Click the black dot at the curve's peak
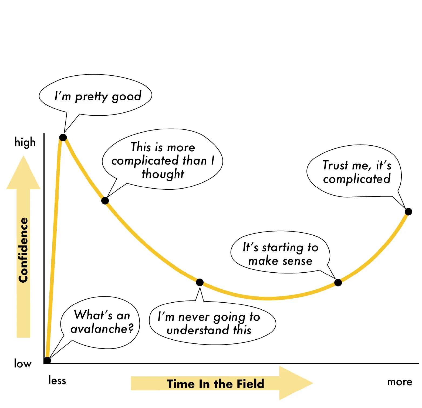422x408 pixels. [x=63, y=138]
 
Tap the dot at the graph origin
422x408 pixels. [x=47, y=360]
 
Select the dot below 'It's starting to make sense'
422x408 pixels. [x=338, y=283]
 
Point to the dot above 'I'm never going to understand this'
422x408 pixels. [x=200, y=282]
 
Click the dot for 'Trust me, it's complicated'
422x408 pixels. [x=409, y=212]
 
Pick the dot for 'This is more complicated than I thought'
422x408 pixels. [x=105, y=201]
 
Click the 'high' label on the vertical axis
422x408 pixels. [x=25, y=142]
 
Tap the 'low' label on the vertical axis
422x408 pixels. [x=23, y=364]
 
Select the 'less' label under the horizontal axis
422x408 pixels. [x=57, y=380]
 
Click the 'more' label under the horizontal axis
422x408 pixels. [x=400, y=382]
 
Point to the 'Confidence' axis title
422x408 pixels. [x=23, y=250]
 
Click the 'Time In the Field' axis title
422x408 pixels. [x=215, y=384]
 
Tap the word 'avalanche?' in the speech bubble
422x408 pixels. [x=102, y=329]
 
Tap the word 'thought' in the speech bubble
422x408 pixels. [x=163, y=174]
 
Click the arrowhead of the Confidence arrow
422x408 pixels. [x=23, y=173]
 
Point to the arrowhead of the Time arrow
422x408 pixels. [x=296, y=383]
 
